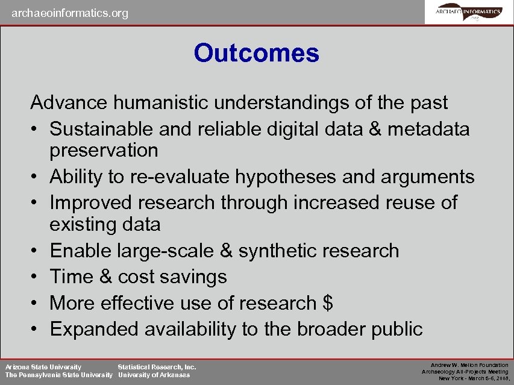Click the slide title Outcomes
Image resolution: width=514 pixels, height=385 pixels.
tap(256, 53)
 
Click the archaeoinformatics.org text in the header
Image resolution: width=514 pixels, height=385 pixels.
tap(70, 13)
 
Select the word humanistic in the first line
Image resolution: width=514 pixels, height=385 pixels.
tap(152, 102)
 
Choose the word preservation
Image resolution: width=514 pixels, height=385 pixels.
tap(104, 150)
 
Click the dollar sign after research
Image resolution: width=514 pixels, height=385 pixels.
tap(328, 303)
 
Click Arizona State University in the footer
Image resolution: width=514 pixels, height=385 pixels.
tap(43, 366)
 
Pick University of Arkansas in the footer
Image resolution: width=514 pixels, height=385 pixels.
tap(154, 375)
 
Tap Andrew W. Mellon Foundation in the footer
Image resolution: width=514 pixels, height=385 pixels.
tap(469, 365)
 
